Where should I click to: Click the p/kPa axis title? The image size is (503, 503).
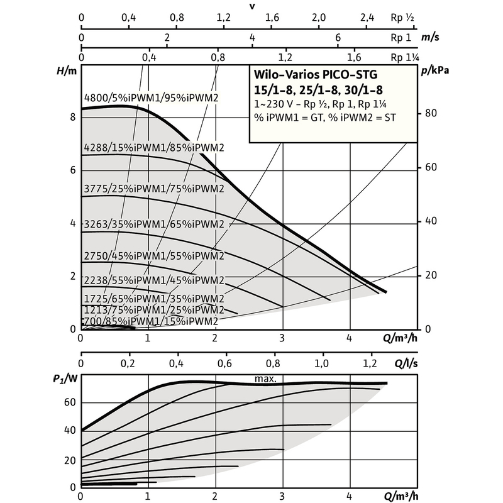(435, 70)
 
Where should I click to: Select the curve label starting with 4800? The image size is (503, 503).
(151, 97)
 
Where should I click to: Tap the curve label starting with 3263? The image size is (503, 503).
(154, 224)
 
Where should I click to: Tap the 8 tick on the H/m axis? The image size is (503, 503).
(73, 118)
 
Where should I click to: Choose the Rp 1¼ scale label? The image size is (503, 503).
(405, 57)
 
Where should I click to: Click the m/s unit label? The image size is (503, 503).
(430, 37)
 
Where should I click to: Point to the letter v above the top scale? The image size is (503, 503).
(252, 6)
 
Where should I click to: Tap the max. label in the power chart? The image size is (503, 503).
(266, 379)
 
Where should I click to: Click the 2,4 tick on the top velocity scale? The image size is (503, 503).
(367, 17)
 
